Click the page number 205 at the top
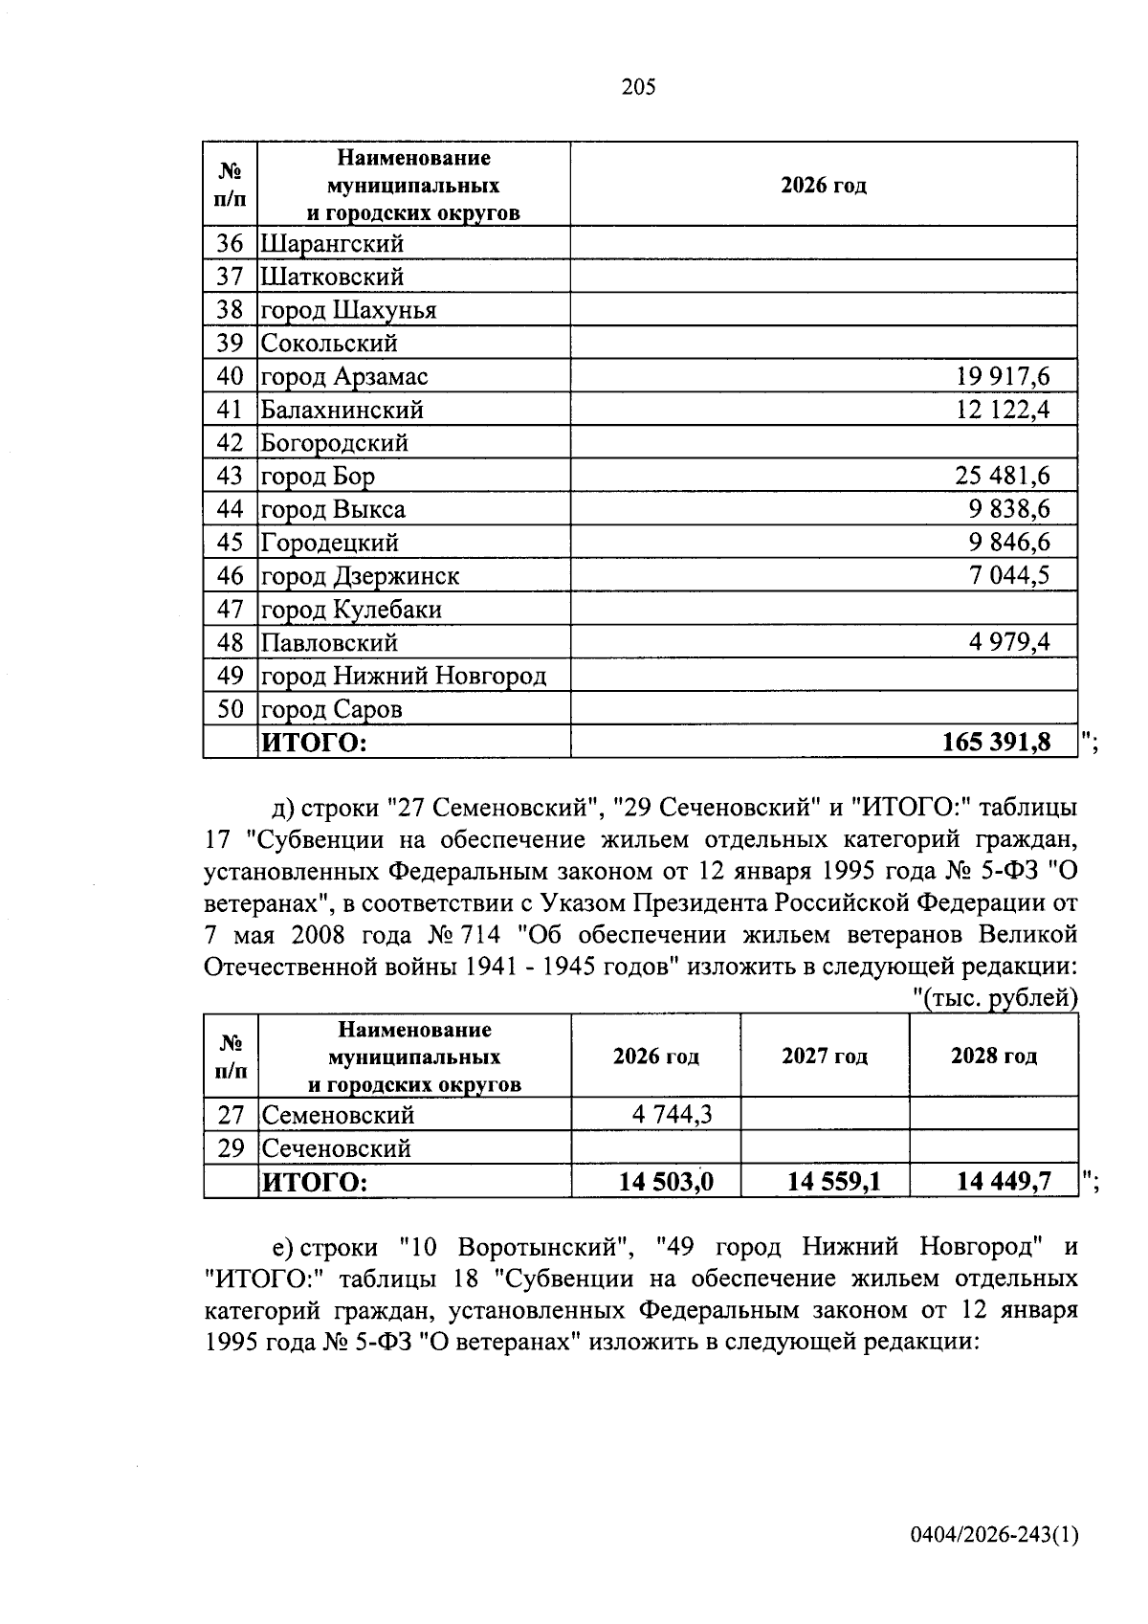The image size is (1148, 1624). [x=638, y=88]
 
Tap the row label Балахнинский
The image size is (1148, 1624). [x=342, y=411]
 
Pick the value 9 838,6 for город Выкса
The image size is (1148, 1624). [x=1008, y=510]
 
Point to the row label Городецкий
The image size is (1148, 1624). [x=330, y=544]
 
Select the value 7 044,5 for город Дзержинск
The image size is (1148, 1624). [x=1009, y=576]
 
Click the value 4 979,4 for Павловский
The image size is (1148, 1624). [x=1009, y=642]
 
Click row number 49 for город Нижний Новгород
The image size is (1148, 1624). [x=231, y=676]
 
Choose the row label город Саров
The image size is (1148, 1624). [x=332, y=709]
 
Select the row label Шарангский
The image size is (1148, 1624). [x=332, y=244]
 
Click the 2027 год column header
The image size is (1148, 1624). [x=825, y=1057]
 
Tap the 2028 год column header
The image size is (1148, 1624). [x=993, y=1057]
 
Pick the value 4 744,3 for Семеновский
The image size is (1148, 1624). [x=672, y=1115]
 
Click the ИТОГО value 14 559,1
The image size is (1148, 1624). [x=833, y=1182]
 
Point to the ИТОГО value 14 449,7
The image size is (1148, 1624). [x=1004, y=1182]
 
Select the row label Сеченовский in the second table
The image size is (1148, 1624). [x=336, y=1148]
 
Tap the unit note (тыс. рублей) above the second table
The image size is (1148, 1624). [x=995, y=998]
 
